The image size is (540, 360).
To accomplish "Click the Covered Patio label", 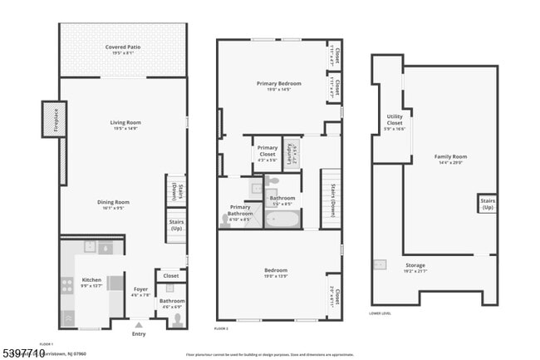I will (122, 47).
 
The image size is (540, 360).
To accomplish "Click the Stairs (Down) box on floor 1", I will (175, 189).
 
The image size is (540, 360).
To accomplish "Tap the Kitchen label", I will (91, 281).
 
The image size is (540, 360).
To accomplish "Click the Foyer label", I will (140, 290).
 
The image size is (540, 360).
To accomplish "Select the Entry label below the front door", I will (138, 334).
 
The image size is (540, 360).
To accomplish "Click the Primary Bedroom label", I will (278, 84).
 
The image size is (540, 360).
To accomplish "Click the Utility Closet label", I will (395, 122).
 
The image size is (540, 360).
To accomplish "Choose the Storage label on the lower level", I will (415, 268).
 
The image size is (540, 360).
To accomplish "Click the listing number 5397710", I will (22, 353).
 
